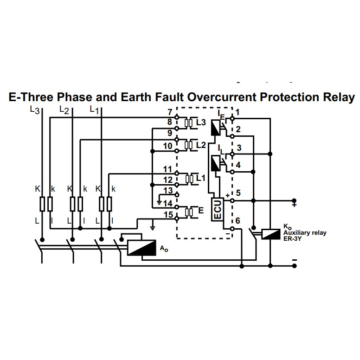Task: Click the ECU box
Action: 217,210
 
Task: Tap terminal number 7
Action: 169,112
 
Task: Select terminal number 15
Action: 169,215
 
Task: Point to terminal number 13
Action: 168,191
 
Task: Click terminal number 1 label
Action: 237,112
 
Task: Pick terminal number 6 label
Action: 238,221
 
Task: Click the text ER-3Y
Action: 293,238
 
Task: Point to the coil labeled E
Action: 189,212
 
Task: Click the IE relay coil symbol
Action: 216,128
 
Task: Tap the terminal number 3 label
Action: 238,148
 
